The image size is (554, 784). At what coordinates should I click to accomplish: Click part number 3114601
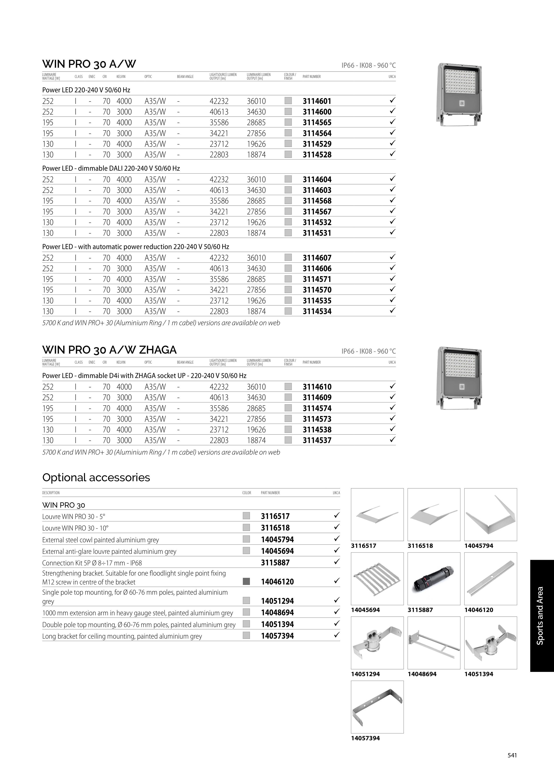[317, 101]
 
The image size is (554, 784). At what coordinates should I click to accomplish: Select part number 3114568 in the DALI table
[317, 201]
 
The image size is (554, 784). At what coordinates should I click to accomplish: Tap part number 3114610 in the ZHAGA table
[317, 387]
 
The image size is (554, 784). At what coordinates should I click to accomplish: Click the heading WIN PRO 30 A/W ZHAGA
[109, 350]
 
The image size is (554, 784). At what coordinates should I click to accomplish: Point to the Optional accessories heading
[96, 477]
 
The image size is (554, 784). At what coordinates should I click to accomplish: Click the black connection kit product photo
[434, 578]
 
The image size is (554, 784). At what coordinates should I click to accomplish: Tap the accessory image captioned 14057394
[377, 707]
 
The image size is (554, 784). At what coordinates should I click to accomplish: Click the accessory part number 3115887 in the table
[275, 563]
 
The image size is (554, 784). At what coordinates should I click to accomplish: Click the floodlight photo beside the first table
[459, 95]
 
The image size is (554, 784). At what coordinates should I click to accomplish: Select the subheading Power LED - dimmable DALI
[111, 168]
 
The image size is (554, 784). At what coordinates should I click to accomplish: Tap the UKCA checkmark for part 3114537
[392, 440]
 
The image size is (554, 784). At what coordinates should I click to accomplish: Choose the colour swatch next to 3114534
[288, 311]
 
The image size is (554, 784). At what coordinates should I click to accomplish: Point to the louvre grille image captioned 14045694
[377, 578]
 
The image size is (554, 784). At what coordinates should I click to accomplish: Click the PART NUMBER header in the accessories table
[270, 493]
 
